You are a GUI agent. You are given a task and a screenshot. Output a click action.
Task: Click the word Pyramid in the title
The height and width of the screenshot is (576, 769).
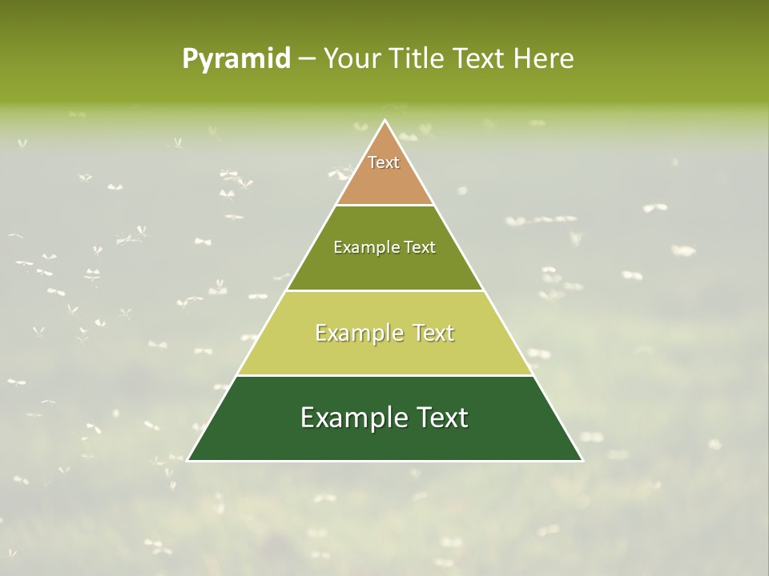pyautogui.click(x=236, y=59)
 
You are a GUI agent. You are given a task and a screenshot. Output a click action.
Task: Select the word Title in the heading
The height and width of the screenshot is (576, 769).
pyautogui.click(x=420, y=59)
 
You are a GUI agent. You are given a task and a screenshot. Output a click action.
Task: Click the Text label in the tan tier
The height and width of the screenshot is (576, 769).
pyautogui.click(x=384, y=162)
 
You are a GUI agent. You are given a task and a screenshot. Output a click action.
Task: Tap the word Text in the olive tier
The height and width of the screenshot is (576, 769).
pyautogui.click(x=421, y=247)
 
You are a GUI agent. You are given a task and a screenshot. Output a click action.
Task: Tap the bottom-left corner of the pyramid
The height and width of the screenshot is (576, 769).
pyautogui.click(x=188, y=460)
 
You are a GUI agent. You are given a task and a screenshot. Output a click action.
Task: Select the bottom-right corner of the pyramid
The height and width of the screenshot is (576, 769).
pyautogui.click(x=582, y=460)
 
